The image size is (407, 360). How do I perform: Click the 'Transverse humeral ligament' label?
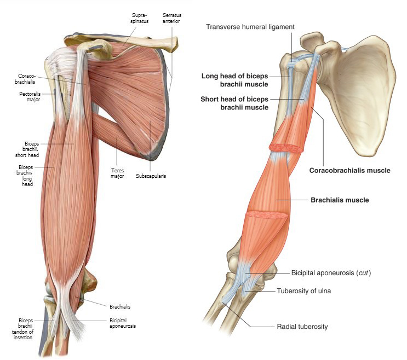pos(257,26)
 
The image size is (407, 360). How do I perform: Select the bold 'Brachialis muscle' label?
pos(340,200)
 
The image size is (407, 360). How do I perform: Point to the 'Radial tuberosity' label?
pos(302,327)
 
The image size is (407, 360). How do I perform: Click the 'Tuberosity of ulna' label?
pos(303,291)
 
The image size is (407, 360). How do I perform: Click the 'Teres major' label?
pos(116,173)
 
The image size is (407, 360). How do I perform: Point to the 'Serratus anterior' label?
pos(171,18)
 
